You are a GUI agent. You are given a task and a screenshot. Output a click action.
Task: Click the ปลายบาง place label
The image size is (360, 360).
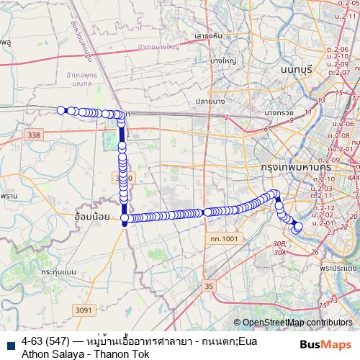pyautogui.click(x=211, y=102)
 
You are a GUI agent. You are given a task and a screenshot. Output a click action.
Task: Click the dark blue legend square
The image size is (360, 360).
pyautogui.click(x=11, y=341)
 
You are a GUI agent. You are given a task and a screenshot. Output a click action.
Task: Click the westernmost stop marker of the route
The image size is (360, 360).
pyautogui.click(x=62, y=110)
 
